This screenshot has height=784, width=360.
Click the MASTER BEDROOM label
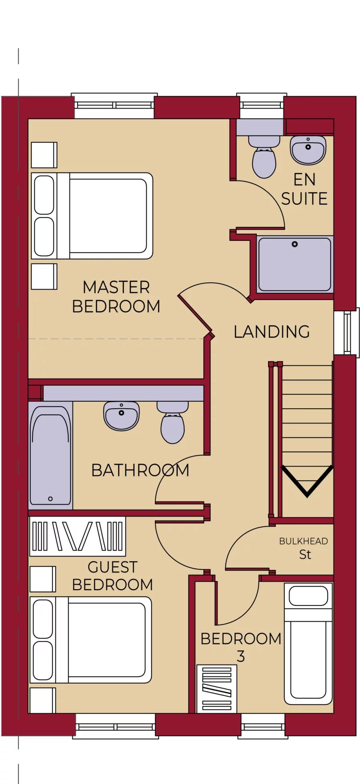click(x=116, y=297)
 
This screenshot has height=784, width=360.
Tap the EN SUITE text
click(x=304, y=189)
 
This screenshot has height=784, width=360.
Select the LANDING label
click(x=272, y=332)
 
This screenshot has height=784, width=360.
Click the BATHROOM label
click(x=140, y=470)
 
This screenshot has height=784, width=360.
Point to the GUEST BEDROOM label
click(x=112, y=576)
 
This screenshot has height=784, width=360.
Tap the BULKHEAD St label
click(x=304, y=548)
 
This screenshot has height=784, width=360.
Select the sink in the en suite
click(x=308, y=150)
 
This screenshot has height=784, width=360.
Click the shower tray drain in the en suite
click(x=295, y=244)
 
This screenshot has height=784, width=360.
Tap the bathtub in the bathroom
click(x=50, y=456)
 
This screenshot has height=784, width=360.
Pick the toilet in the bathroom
click(x=172, y=424)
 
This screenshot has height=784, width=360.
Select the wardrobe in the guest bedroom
click(x=78, y=536)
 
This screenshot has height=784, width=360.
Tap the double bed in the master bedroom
click(x=92, y=216)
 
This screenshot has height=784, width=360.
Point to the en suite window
click(x=260, y=105)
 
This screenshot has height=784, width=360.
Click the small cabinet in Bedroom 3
click(x=216, y=689)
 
